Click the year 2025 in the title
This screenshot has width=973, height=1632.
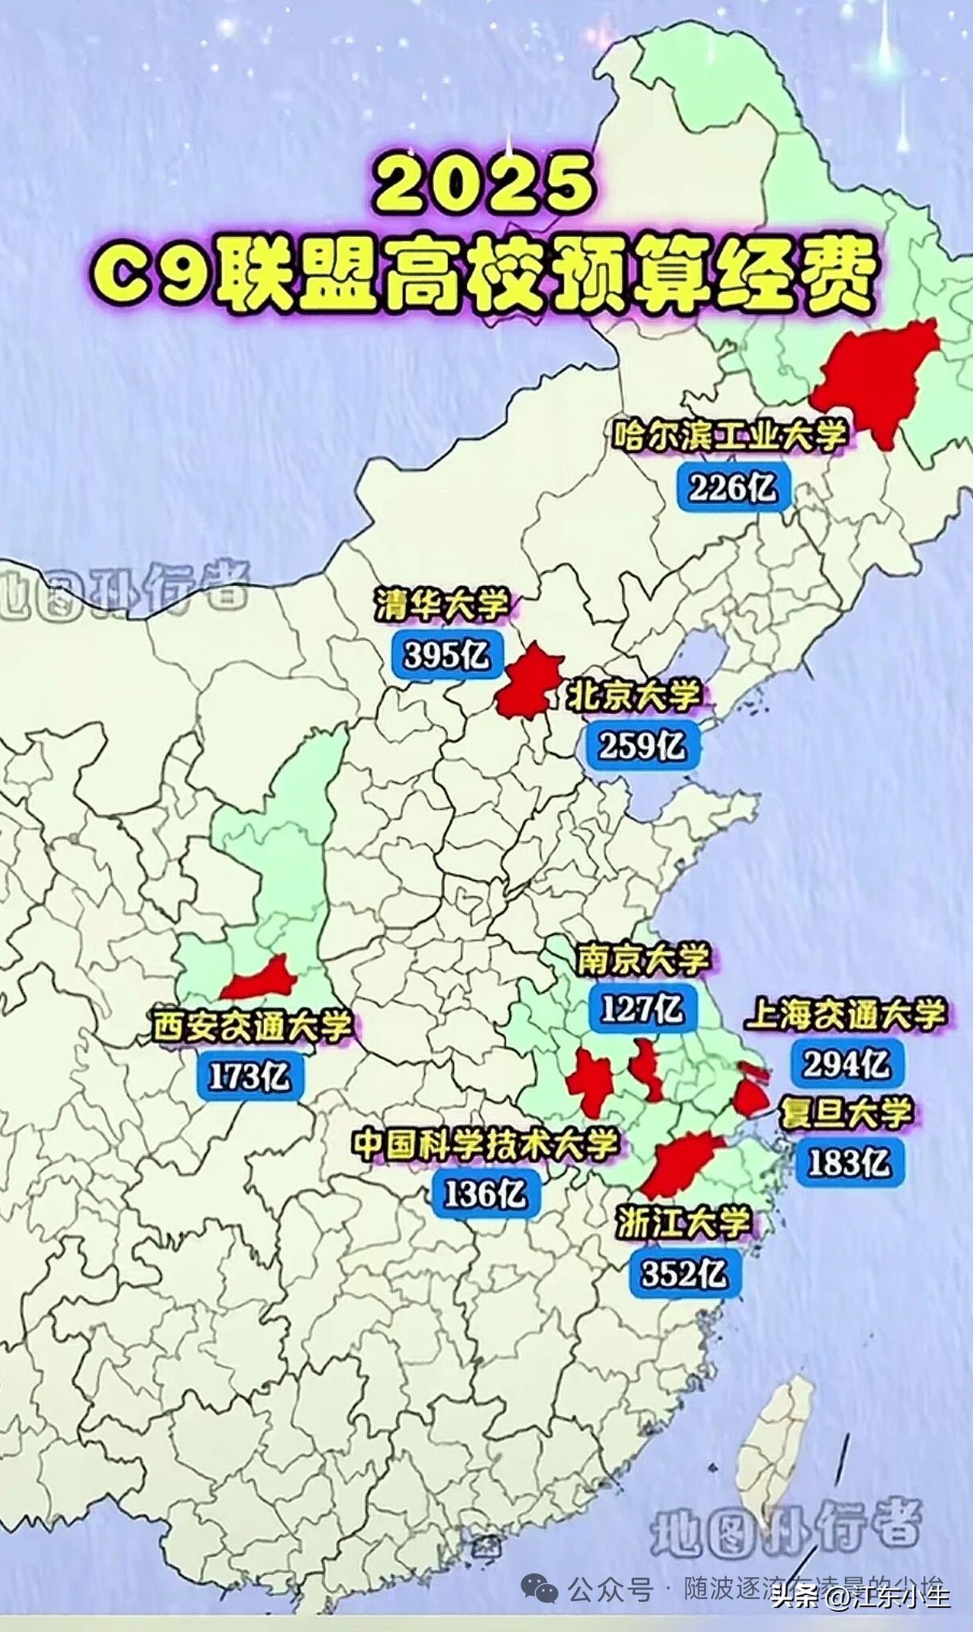[x=485, y=186]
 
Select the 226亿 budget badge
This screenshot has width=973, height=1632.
[x=733, y=487]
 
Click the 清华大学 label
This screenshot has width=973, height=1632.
[x=442, y=605]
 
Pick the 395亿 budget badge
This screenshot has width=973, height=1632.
[x=447, y=655]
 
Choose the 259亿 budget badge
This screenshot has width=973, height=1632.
[x=642, y=745]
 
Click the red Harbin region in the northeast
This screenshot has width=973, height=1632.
[x=876, y=378]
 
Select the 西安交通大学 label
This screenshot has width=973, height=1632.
[x=252, y=1026]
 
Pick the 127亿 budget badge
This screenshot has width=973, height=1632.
[x=641, y=1008]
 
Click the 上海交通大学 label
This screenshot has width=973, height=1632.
[x=845, y=1014]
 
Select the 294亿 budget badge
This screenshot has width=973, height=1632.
[x=846, y=1065]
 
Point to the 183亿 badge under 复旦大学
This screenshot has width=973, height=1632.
[x=848, y=1163]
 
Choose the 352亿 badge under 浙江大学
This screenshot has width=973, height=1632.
[x=684, y=1274]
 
